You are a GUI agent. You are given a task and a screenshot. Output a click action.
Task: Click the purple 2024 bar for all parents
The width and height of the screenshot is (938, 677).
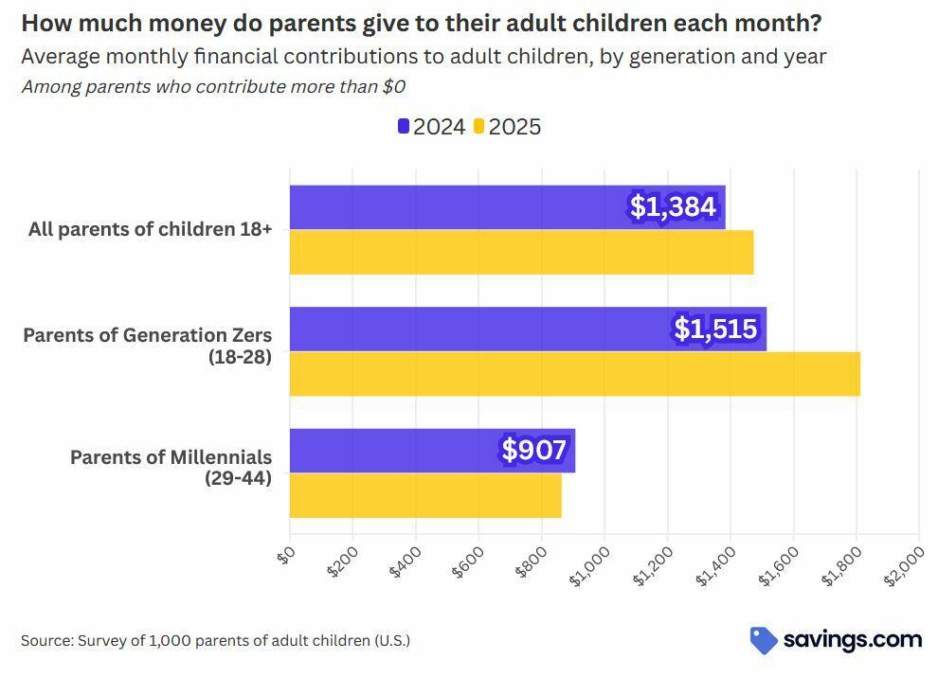455,207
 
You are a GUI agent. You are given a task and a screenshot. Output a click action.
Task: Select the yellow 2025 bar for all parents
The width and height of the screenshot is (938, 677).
521,253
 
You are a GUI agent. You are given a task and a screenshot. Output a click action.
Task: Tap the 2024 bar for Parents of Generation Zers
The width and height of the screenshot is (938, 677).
474,329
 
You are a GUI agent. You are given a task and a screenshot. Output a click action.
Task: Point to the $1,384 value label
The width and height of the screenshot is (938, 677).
673,206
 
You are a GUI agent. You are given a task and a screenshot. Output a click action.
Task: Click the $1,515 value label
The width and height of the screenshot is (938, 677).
715,329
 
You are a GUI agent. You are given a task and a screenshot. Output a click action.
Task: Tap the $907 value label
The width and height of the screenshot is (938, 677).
534,450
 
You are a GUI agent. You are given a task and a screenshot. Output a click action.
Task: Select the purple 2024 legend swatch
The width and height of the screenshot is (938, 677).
404,126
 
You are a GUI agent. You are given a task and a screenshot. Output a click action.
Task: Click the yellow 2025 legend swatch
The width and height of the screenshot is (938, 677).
479,126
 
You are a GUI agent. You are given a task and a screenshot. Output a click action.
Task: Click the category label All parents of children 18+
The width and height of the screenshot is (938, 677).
150,229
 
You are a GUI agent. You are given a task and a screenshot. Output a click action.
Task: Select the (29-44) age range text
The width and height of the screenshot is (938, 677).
238,478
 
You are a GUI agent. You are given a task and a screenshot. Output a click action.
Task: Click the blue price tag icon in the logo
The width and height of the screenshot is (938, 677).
764,640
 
